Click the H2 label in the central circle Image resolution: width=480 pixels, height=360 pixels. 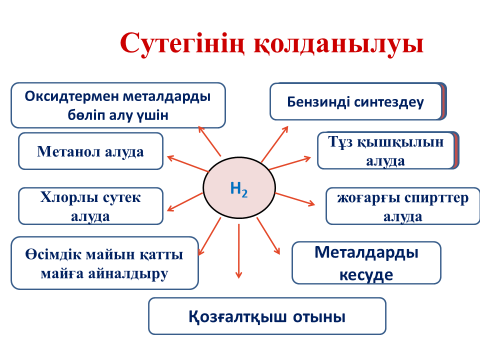pyautogui.click(x=239, y=189)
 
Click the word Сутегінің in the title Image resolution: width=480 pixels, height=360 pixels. pyautogui.click(x=182, y=44)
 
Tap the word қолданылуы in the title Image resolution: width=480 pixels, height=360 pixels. pyautogui.click(x=339, y=44)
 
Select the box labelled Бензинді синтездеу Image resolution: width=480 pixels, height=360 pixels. pyautogui.click(x=358, y=101)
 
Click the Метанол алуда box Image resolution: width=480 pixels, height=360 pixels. pyautogui.click(x=91, y=151)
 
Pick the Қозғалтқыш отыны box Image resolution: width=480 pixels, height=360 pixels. pyautogui.click(x=267, y=316)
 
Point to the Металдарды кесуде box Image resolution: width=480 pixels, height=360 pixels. pyautogui.click(x=366, y=263)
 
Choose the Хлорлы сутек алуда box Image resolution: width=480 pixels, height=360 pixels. pyautogui.click(x=91, y=206)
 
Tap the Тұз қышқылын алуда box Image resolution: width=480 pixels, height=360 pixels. pyautogui.click(x=388, y=150)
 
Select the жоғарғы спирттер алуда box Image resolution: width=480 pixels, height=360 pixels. pyautogui.click(x=403, y=206)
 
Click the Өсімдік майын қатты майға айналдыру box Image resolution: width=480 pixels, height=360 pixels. pyautogui.click(x=105, y=263)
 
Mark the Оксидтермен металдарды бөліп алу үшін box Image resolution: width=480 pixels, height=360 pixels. pyautogui.click(x=118, y=105)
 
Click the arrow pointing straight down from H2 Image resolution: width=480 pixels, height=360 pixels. pyautogui.click(x=239, y=251)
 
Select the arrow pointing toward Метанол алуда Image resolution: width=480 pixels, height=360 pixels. pyautogui.click(x=188, y=163)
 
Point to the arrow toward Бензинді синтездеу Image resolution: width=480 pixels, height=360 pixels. pyautogui.click(x=275, y=144)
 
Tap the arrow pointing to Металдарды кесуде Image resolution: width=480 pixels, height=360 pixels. pyautogui.click(x=268, y=236)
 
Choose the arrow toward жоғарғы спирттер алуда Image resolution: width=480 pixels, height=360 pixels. pyautogui.click(x=295, y=199)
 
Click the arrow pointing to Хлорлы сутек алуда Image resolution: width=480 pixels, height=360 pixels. pyautogui.click(x=185, y=202)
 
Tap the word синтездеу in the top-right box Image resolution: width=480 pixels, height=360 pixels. pyautogui.click(x=389, y=102)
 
